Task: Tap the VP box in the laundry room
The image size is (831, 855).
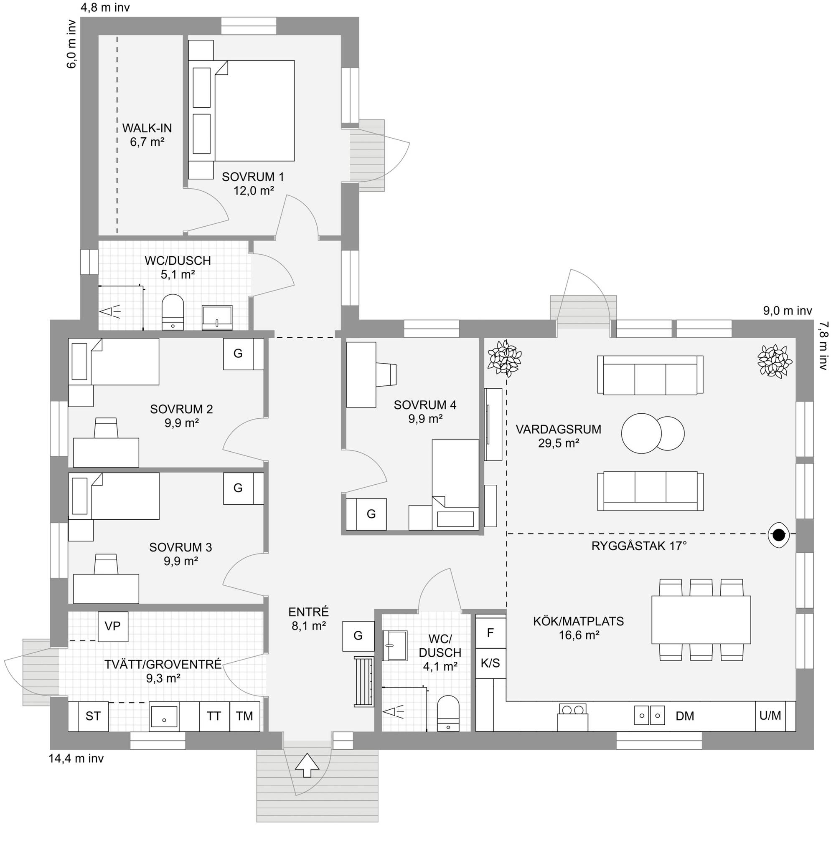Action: pos(113,626)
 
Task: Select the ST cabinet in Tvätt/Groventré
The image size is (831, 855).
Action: pos(93,716)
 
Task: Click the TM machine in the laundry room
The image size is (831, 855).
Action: pos(244,716)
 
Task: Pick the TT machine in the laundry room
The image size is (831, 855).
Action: pos(214,716)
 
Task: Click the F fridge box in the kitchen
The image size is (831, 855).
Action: pos(490,632)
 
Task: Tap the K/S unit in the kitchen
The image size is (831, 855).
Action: pos(490,663)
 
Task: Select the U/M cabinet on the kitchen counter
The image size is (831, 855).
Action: pos(770,716)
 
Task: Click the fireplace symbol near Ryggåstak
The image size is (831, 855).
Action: pos(779,534)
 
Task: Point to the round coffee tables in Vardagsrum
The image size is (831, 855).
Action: pos(653,433)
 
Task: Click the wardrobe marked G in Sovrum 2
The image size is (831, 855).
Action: pos(238,354)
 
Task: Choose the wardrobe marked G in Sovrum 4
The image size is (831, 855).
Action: pos(371,514)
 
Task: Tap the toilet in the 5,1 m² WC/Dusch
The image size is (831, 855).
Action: pos(173,312)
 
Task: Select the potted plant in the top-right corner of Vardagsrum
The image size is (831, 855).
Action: pos(775,361)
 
